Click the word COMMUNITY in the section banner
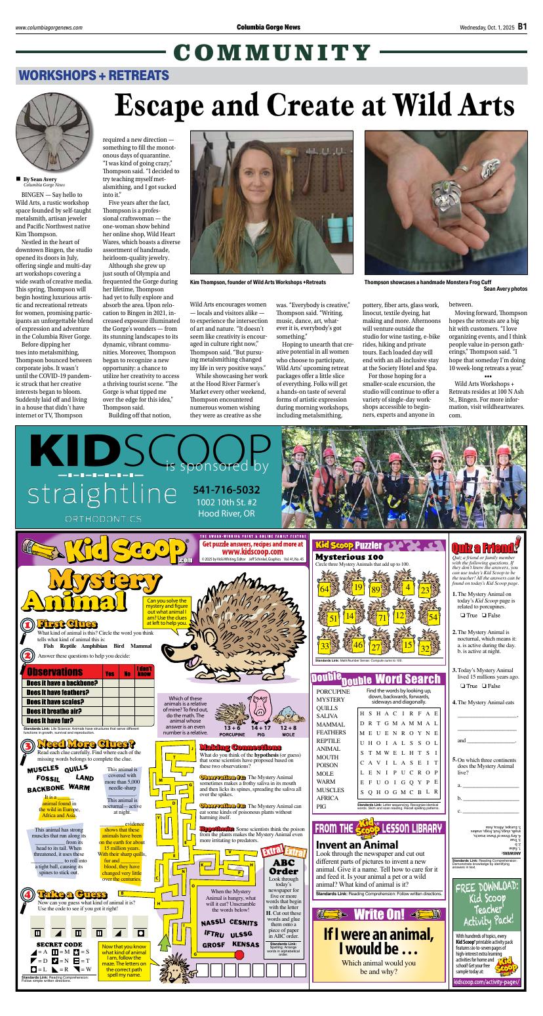tap(271, 53)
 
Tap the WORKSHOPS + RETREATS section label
tap(94, 75)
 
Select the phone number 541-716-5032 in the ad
tap(226, 490)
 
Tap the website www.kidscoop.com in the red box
tap(252, 552)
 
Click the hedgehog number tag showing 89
tap(376, 589)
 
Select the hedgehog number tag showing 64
tap(324, 589)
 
